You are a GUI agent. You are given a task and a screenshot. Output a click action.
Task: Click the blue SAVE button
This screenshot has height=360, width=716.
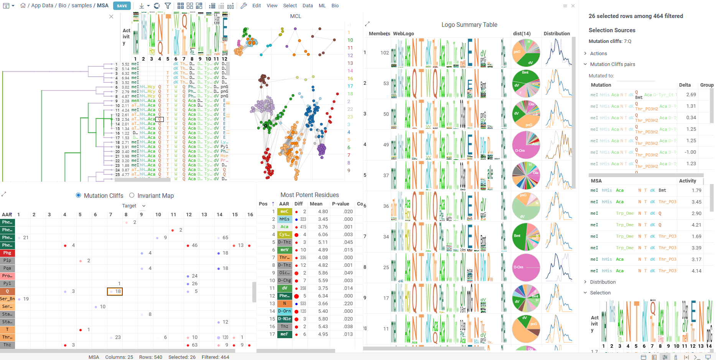[122, 6]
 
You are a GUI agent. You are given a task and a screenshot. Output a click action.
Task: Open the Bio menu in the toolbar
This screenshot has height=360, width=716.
[335, 6]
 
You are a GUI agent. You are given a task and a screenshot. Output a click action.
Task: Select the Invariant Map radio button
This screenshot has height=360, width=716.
[132, 196]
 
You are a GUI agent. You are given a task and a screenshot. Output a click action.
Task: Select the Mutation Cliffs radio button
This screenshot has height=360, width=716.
[79, 196]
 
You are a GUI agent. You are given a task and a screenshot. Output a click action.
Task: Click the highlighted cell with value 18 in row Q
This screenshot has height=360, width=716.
[115, 291]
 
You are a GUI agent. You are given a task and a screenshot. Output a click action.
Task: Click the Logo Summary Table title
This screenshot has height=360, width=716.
[469, 25]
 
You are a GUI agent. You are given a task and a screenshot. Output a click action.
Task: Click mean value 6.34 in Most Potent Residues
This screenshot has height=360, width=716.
[323, 296]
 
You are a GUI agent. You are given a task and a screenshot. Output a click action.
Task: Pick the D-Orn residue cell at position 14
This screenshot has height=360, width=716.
[285, 311]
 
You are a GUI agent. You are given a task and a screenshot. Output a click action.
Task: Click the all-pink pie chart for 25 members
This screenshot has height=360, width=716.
[526, 267]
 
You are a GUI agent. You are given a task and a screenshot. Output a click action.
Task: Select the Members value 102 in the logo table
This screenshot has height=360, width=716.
[384, 53]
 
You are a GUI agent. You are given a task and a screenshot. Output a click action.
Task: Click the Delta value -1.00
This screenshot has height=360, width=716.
[690, 152]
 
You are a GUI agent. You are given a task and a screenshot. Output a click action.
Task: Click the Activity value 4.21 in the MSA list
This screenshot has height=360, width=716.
[696, 225]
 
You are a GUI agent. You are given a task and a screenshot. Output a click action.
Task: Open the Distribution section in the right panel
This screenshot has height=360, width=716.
[602, 282]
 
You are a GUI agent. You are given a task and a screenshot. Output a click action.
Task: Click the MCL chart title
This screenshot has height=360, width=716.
[295, 16]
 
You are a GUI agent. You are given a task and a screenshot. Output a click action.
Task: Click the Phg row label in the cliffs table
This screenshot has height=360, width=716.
[7, 253]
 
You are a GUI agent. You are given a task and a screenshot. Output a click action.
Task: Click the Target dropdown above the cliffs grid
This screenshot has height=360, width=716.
[133, 206]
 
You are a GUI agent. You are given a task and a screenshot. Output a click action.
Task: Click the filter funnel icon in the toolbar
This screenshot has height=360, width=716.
[168, 6]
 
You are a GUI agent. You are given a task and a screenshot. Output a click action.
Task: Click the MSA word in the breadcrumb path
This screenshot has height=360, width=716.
[102, 6]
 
